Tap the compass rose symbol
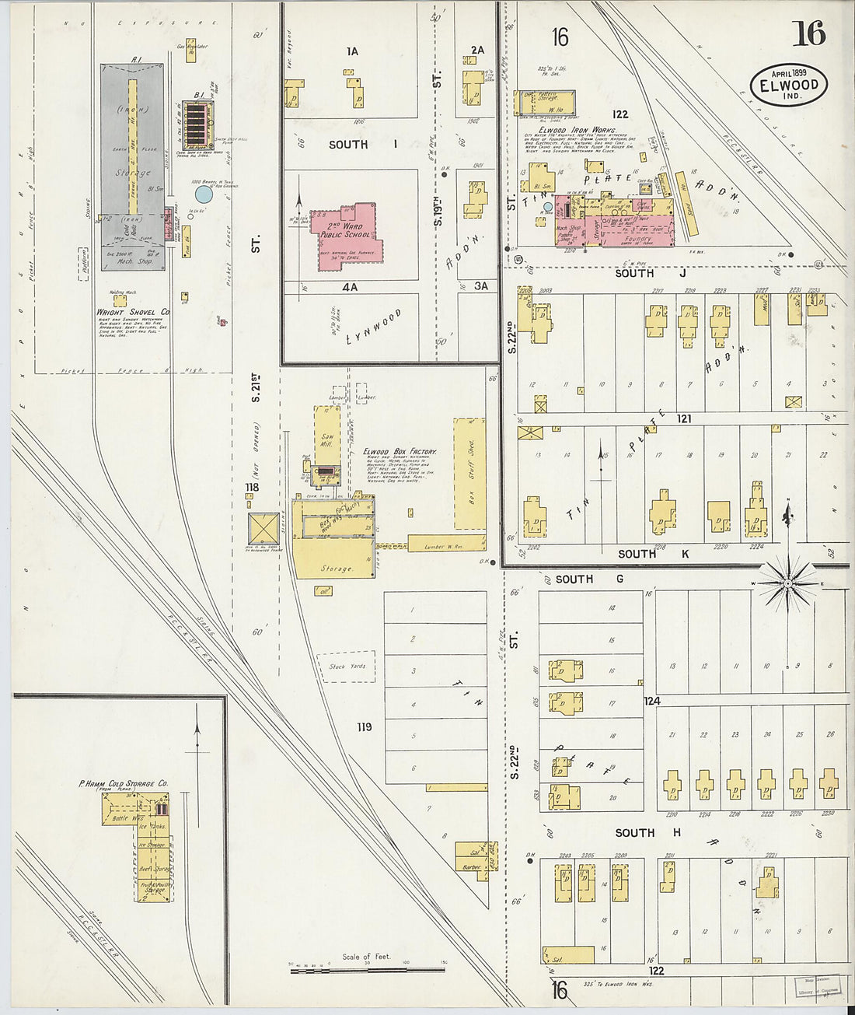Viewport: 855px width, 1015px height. (x=787, y=583)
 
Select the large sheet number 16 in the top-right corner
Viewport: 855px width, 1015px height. (x=808, y=33)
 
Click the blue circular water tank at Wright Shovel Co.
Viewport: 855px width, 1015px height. (x=203, y=194)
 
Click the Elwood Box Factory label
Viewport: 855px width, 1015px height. (x=400, y=452)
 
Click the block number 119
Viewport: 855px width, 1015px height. (x=363, y=727)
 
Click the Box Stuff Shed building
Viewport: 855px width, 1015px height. (x=469, y=473)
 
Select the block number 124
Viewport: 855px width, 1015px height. (x=651, y=702)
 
